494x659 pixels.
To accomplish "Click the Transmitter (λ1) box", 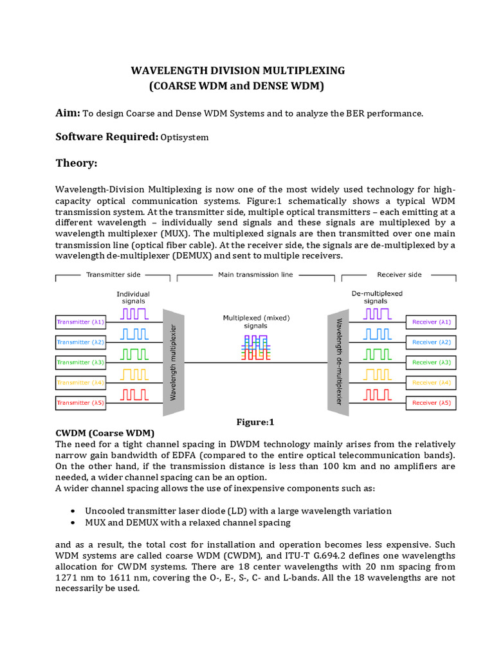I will tap(81, 322).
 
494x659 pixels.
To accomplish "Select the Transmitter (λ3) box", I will tap(81, 362).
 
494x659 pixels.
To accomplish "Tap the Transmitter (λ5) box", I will tap(81, 403).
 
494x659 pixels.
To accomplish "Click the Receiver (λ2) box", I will tap(432, 342).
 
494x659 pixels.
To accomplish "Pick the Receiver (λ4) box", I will tap(432, 382).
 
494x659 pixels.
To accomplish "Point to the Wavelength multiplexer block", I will tap(173, 362).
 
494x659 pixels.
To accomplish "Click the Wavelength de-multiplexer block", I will tap(338, 362).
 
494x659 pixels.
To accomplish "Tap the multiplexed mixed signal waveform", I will tap(255, 346).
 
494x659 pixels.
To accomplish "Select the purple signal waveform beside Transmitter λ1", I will tap(134, 314).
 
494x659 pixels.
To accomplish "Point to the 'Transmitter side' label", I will tap(113, 275).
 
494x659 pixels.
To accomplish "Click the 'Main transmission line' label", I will tap(256, 275).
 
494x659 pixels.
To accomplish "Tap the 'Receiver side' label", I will tap(399, 275).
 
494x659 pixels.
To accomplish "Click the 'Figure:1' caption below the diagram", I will tap(255, 422).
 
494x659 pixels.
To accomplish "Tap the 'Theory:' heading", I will tap(76, 163).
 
